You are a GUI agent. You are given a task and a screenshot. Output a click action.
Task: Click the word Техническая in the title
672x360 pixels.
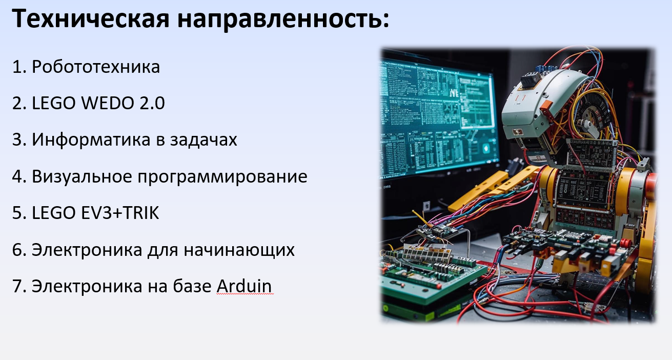91,18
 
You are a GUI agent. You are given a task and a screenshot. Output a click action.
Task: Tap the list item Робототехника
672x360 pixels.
96,66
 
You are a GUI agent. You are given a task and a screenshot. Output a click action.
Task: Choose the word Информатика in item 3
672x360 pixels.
91,140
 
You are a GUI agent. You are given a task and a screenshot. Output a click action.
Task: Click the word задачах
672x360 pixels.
203,140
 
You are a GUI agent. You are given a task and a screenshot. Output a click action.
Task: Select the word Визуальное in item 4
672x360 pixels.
82,176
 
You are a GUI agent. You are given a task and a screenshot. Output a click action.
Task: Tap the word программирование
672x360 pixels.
222,177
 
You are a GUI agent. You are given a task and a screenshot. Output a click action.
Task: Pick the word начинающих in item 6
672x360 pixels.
239,250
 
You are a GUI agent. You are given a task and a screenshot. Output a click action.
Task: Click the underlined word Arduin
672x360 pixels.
244,286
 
